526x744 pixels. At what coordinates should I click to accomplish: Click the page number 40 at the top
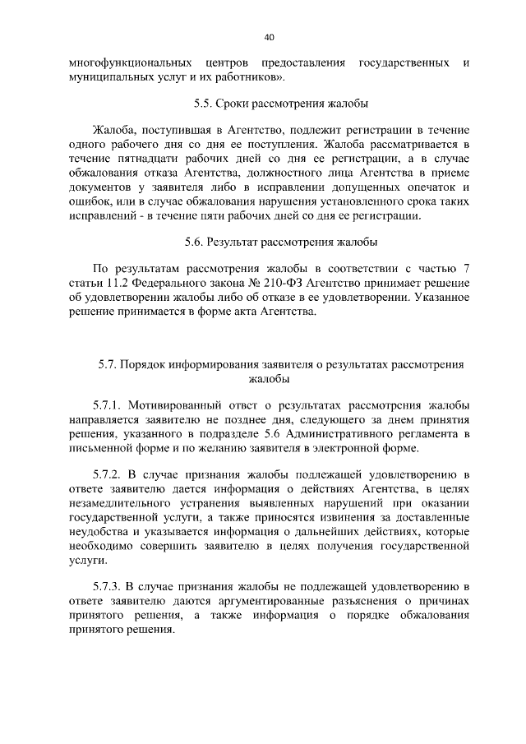tap(269, 36)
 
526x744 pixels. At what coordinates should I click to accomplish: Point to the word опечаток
tap(427, 187)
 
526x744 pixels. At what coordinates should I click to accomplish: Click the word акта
tap(248, 312)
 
